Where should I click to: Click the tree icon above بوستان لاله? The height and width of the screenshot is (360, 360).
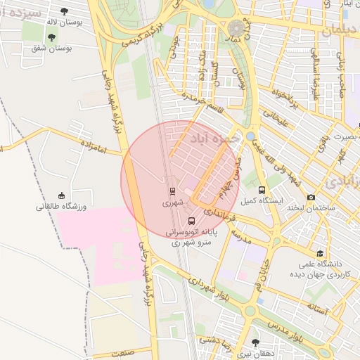point(65,11)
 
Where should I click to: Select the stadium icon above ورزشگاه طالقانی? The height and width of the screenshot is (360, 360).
point(62,195)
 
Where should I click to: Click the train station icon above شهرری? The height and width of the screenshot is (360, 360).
point(172,191)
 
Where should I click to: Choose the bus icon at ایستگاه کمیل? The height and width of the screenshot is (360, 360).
point(262,190)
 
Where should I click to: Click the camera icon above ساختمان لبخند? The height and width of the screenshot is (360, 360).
point(311,198)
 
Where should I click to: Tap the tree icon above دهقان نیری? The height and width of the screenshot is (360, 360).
point(255,342)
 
